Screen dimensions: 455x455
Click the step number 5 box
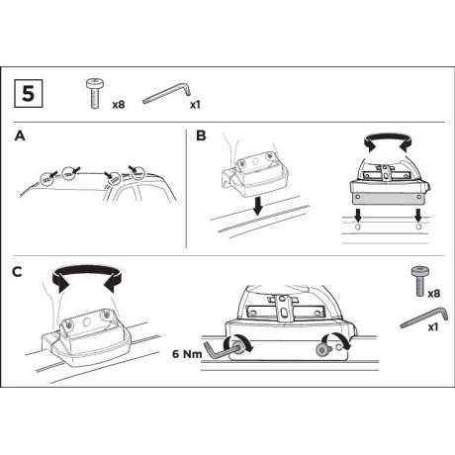(29, 93)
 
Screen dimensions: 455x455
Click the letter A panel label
(20, 136)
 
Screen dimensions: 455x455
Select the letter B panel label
(201, 136)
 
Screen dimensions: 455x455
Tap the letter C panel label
(17, 272)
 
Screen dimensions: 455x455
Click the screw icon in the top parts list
(95, 94)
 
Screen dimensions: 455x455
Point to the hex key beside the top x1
(167, 94)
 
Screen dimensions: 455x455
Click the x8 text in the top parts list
(119, 105)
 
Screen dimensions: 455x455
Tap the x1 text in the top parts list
(195, 105)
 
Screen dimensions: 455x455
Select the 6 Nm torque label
(187, 354)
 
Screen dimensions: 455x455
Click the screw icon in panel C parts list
(419, 281)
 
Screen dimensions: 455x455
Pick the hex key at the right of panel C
(424, 318)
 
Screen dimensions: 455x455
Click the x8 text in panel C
(434, 294)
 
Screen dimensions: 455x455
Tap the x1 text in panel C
(433, 327)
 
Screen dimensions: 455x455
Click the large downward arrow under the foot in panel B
(258, 207)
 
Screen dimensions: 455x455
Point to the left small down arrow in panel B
(358, 216)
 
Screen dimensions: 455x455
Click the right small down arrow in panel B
(418, 216)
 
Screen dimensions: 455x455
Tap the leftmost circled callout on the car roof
(46, 179)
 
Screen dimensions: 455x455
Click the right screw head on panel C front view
(321, 350)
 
